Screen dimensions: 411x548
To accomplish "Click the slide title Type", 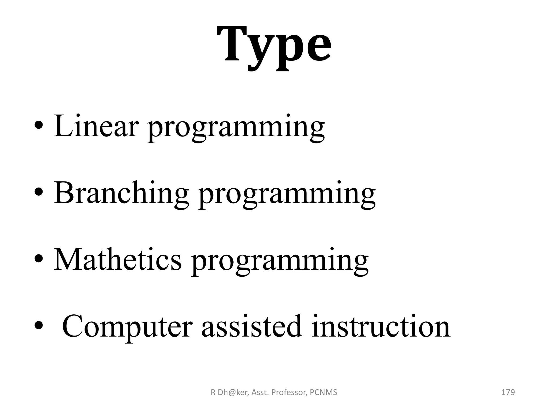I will click(274, 45).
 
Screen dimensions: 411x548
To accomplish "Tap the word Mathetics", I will click(118, 260).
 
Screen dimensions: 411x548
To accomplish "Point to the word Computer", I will click(127, 326).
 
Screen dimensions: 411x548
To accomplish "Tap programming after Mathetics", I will click(280, 262).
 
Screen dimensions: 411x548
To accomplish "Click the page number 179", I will click(508, 392).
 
